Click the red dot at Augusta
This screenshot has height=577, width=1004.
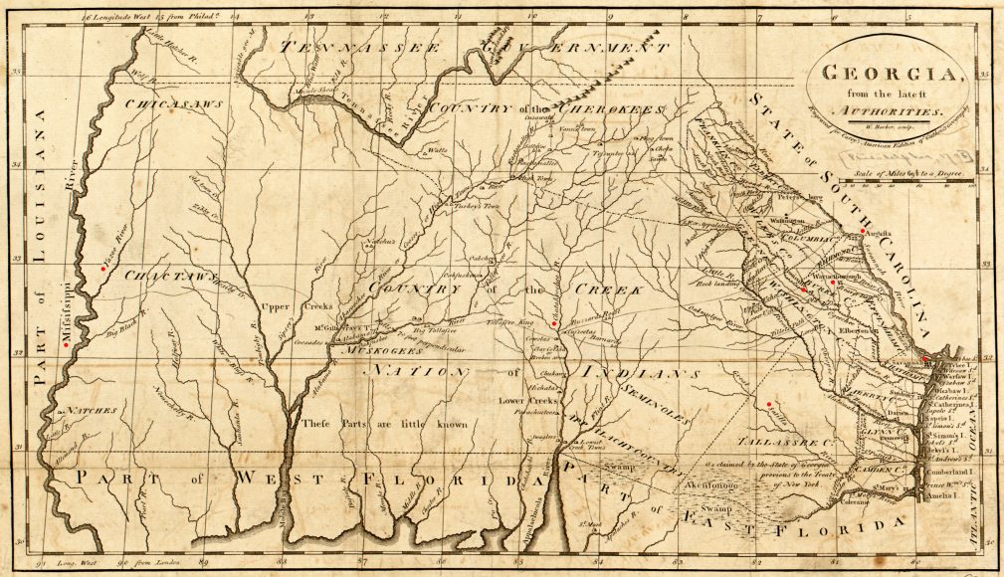click(x=863, y=232)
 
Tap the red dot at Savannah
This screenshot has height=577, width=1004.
click(x=924, y=359)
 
